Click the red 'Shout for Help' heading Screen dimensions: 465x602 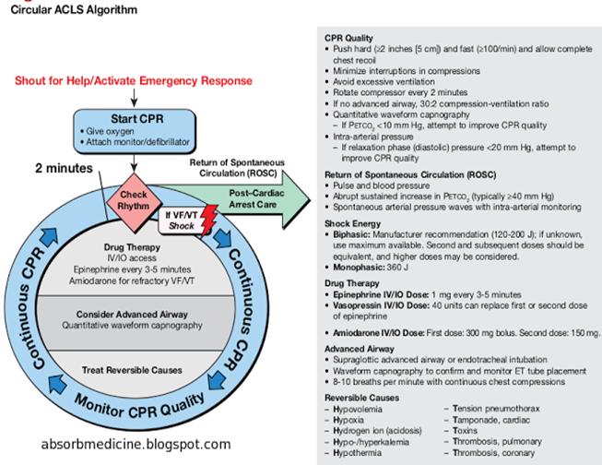[x=133, y=80]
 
